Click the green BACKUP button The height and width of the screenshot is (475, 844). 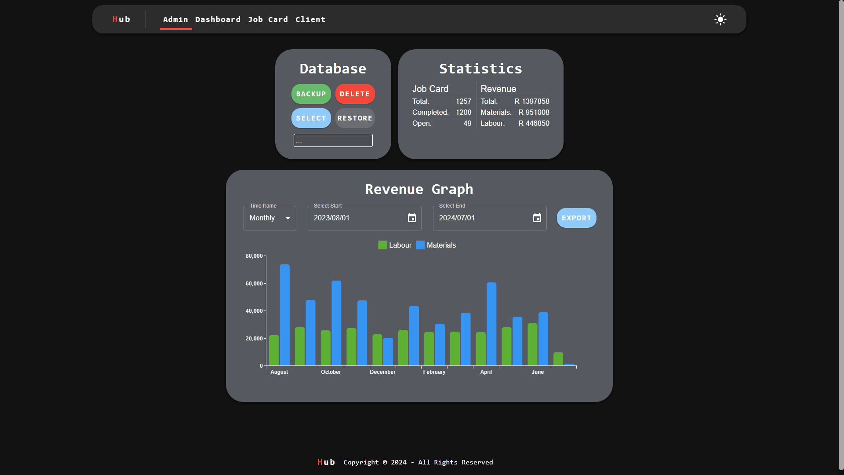click(x=311, y=94)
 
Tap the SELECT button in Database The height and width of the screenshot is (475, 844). click(x=311, y=118)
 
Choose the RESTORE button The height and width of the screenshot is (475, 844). click(x=355, y=118)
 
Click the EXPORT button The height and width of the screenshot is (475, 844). click(x=576, y=218)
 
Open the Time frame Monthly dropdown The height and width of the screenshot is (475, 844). click(x=269, y=218)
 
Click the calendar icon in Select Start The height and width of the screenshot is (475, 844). click(x=412, y=218)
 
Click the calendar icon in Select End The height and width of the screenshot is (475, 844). click(x=537, y=218)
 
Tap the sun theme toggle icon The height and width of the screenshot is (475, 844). click(x=720, y=19)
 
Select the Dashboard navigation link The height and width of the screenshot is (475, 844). click(x=218, y=19)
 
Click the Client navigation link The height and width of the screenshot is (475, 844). click(x=310, y=19)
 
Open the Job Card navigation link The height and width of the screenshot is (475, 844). click(x=268, y=19)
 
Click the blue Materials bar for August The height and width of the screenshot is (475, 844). click(x=285, y=314)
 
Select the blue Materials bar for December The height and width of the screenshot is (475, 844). click(x=388, y=351)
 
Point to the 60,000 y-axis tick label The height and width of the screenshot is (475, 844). click(x=254, y=284)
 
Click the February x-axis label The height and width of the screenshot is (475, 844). click(x=434, y=372)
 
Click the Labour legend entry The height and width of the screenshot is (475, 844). click(x=395, y=245)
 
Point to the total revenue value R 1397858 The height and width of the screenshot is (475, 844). click(x=531, y=102)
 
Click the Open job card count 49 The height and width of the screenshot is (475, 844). click(x=467, y=124)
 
